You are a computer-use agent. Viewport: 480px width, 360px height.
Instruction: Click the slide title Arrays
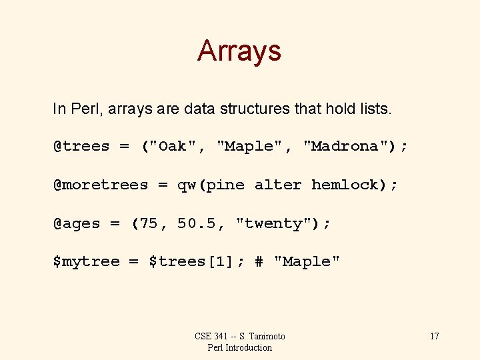(x=239, y=51)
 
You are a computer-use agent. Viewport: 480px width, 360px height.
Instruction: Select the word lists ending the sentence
(x=373, y=109)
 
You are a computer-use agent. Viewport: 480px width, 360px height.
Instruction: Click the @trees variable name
(x=81, y=147)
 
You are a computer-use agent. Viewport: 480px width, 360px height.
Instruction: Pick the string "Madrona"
(x=346, y=147)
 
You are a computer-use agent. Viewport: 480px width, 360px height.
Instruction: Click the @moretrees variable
(x=101, y=185)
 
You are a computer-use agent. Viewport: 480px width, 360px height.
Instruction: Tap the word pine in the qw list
(x=225, y=185)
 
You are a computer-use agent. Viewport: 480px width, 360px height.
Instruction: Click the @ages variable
(x=77, y=223)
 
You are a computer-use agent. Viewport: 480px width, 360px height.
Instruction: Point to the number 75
(x=149, y=223)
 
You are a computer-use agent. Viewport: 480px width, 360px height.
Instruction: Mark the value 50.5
(x=197, y=223)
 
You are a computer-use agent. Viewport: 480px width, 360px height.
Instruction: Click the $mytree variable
(x=86, y=261)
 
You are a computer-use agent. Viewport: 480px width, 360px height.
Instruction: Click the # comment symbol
(x=259, y=261)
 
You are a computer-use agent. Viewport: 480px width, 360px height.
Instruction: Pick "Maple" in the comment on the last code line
(x=307, y=261)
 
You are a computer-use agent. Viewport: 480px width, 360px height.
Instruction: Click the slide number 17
(x=434, y=336)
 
